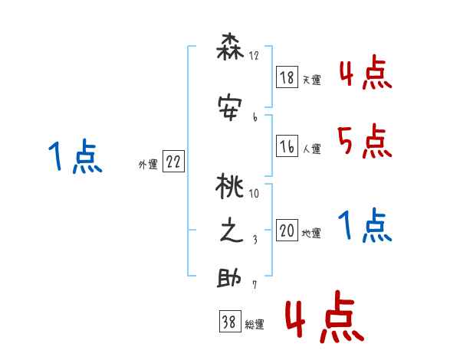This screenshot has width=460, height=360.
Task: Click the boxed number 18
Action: click(287, 77)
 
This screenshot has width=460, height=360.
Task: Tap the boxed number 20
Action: click(287, 231)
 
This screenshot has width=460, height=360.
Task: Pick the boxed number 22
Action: click(174, 162)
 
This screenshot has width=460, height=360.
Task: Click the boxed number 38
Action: click(229, 322)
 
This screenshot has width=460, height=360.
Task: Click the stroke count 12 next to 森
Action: click(254, 56)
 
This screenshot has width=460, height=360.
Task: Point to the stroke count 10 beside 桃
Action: click(254, 193)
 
